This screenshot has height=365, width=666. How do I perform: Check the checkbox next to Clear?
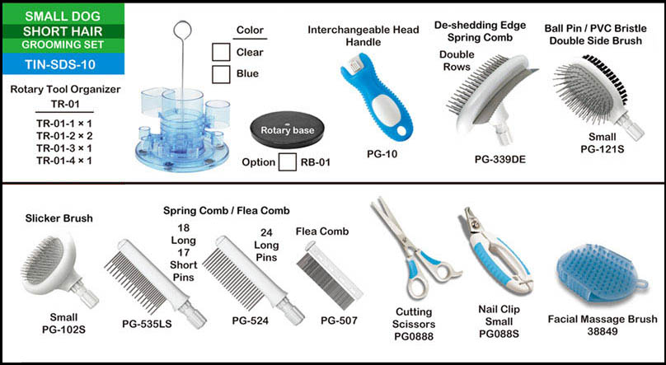[x=221, y=52]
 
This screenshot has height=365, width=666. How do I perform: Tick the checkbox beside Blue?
[x=221, y=74]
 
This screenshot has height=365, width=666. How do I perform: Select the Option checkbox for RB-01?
[x=288, y=162]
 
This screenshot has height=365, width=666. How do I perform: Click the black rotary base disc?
[x=287, y=129]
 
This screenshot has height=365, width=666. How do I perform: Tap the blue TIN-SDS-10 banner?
[x=63, y=64]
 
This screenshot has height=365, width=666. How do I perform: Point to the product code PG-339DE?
[x=500, y=160]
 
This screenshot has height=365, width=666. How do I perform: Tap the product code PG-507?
[x=339, y=321]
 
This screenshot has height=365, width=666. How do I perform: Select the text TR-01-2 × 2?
[x=64, y=136]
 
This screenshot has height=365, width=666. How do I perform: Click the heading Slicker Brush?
[x=59, y=218]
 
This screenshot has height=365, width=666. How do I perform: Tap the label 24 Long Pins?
[x=266, y=245]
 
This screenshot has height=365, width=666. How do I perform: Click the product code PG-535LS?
[x=147, y=325]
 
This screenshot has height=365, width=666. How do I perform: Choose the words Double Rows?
[x=457, y=61]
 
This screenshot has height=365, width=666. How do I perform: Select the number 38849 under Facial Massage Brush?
[x=603, y=331]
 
